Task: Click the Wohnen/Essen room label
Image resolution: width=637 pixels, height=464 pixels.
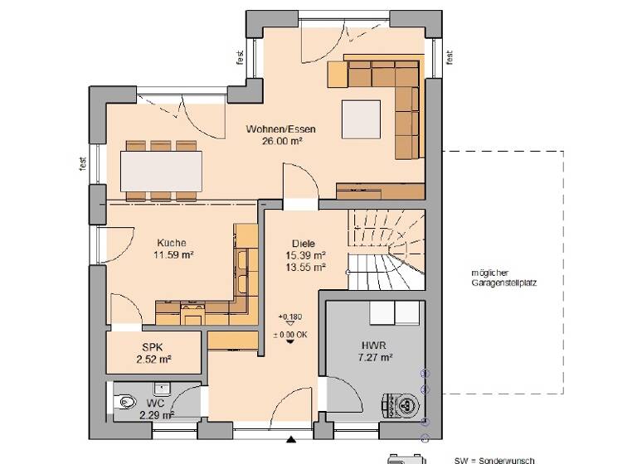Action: pyautogui.click(x=280, y=129)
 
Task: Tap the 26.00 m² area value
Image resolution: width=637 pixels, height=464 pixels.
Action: pyautogui.click(x=280, y=141)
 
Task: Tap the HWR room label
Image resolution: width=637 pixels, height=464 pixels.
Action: pyautogui.click(x=369, y=346)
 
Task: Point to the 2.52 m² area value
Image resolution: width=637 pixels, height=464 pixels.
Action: pyautogui.click(x=153, y=360)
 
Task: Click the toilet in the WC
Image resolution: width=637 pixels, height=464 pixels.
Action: pyautogui.click(x=124, y=402)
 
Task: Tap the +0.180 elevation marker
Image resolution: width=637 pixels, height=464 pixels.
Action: pyautogui.click(x=289, y=317)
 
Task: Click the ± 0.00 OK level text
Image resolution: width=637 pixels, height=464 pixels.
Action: pyautogui.click(x=289, y=334)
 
